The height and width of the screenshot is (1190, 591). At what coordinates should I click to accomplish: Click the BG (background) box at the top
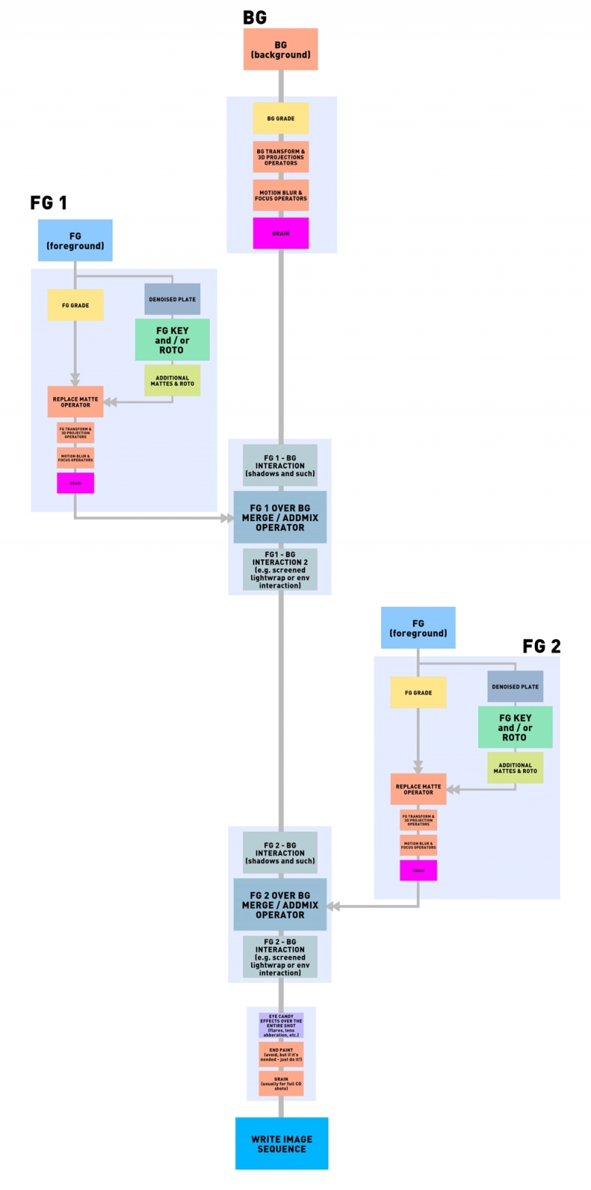point(280,49)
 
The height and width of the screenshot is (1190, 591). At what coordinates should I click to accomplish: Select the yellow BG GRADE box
point(280,118)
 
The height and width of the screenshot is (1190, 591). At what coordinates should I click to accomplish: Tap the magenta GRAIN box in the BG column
point(280,233)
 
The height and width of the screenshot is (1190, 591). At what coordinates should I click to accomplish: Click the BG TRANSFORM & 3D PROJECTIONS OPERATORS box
point(280,157)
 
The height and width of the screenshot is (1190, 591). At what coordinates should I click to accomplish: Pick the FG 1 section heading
point(49,203)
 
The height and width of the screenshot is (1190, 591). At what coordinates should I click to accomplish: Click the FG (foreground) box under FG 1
point(75,241)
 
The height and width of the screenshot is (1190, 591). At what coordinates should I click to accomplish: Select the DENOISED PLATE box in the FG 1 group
point(172,299)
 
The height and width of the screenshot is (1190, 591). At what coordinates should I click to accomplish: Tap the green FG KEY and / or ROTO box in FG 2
point(515,727)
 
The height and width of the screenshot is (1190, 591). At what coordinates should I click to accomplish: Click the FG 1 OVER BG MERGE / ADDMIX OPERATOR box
point(280,517)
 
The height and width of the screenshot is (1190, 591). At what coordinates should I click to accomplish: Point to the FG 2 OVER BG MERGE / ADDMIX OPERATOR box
point(280,904)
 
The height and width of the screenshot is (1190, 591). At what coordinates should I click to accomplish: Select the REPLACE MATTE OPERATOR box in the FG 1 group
point(75,402)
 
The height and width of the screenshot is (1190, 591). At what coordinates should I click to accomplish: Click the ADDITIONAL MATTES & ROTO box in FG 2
point(515,768)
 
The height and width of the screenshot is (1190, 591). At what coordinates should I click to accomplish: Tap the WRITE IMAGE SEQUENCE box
point(281,1143)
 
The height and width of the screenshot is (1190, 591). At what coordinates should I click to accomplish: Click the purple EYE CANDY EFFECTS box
point(281,1025)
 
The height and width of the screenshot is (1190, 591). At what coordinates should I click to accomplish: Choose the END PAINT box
point(281,1054)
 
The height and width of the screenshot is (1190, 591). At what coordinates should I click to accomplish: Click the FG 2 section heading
point(542,647)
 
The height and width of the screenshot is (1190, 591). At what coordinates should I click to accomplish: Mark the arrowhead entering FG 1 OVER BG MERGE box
point(228,518)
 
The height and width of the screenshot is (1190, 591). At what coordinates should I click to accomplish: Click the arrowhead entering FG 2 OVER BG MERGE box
point(333,906)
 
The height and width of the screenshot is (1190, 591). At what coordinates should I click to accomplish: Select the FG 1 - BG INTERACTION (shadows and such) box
point(280,466)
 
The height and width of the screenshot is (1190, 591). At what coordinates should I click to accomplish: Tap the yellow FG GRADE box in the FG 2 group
point(418,692)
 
